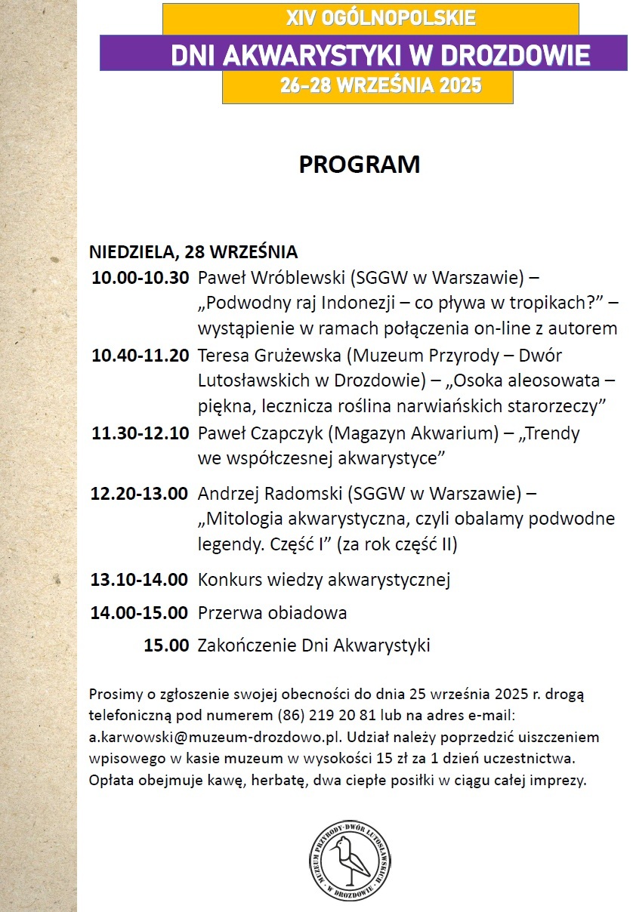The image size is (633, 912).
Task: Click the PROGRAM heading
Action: (x=359, y=165)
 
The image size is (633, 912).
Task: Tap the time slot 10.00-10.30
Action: (x=140, y=278)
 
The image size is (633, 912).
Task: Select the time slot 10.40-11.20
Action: (x=140, y=355)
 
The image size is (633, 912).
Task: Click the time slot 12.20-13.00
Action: (x=140, y=494)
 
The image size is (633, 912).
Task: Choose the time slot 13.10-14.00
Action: (x=140, y=580)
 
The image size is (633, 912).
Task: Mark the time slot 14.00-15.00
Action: (x=140, y=612)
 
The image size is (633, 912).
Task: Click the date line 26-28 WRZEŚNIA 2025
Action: (x=368, y=86)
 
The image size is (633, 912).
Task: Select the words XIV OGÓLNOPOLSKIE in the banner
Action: (x=370, y=17)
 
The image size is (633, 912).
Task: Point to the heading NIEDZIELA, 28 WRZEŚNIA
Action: (x=193, y=251)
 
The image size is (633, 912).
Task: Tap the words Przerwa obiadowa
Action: (x=273, y=612)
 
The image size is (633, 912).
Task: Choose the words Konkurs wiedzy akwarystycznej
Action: (x=324, y=580)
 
